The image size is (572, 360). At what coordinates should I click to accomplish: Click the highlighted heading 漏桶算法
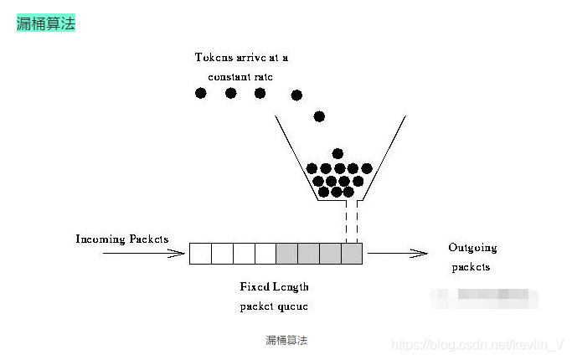point(46,23)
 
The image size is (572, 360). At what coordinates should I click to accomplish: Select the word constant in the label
point(219,76)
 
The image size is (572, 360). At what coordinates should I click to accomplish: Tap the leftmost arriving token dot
point(201,93)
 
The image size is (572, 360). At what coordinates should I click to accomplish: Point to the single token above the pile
point(338,153)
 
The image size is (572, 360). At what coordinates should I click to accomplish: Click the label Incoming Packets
point(122,239)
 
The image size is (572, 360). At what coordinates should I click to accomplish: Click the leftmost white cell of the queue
point(200,253)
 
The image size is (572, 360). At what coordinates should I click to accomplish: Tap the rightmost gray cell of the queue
point(352,253)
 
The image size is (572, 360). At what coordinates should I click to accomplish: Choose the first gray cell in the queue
point(286,253)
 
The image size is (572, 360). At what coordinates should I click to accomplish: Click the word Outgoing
point(472,248)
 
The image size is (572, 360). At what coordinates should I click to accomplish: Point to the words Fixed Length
point(274,287)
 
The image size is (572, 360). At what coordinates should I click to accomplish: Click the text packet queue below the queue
point(274,306)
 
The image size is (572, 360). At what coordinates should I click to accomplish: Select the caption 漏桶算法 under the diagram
point(286,340)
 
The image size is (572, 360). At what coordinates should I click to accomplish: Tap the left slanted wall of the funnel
point(296,159)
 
